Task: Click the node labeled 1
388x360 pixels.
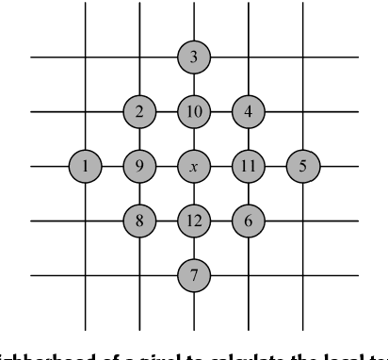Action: pyautogui.click(x=86, y=167)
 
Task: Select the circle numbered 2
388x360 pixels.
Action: pyautogui.click(x=139, y=112)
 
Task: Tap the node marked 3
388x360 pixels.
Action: pyautogui.click(x=194, y=57)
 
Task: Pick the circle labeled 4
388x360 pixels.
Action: pyautogui.click(x=249, y=112)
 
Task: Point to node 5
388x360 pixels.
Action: pyautogui.click(x=303, y=167)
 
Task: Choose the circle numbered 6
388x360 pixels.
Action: pyautogui.click(x=249, y=221)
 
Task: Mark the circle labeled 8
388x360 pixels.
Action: pyautogui.click(x=139, y=221)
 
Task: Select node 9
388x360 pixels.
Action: pyautogui.click(x=139, y=167)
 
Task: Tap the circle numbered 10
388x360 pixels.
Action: pyautogui.click(x=194, y=112)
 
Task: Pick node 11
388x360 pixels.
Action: pyautogui.click(x=249, y=167)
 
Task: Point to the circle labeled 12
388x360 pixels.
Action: pyautogui.click(x=194, y=221)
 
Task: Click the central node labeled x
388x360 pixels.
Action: pyautogui.click(x=194, y=167)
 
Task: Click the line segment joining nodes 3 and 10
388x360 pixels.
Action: pyautogui.click(x=194, y=85)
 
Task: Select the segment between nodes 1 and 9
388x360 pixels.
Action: pyautogui.click(x=113, y=167)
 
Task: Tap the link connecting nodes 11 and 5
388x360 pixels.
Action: pyautogui.click(x=276, y=167)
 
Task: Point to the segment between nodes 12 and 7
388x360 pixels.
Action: pyautogui.click(x=194, y=249)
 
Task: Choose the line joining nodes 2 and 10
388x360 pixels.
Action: pyautogui.click(x=167, y=112)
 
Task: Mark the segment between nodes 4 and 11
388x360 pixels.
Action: pyautogui.click(x=249, y=139)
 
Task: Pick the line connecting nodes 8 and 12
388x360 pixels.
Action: pyautogui.click(x=167, y=221)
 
